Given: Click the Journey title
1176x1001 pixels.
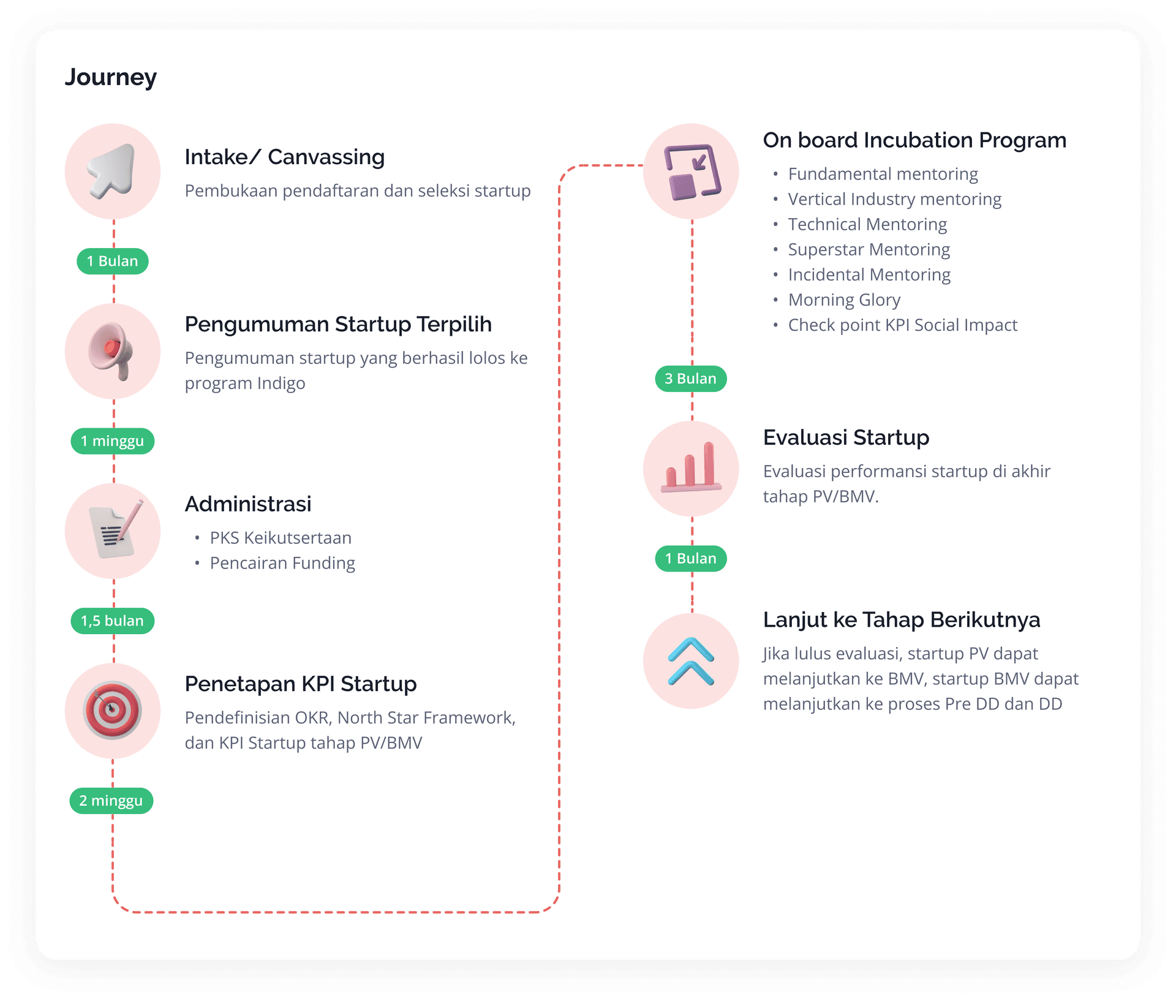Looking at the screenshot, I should [x=111, y=77].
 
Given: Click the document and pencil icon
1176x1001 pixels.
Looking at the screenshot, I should [x=113, y=531].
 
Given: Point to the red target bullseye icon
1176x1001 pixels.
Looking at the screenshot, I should [x=113, y=711].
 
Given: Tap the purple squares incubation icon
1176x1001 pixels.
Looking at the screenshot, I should [x=692, y=172].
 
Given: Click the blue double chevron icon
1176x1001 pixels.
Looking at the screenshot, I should [x=692, y=661].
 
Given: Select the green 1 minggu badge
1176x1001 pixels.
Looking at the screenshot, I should [x=113, y=441].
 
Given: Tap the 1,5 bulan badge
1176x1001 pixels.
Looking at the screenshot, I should [x=113, y=621].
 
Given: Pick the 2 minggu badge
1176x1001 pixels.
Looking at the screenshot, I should [x=111, y=801].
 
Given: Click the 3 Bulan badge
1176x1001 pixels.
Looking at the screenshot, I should [x=691, y=379].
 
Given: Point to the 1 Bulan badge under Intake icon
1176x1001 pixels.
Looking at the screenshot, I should [x=113, y=261].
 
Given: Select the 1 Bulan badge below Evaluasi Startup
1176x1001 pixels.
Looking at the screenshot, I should [x=691, y=559].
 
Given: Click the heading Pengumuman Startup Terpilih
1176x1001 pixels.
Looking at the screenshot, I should [x=338, y=324].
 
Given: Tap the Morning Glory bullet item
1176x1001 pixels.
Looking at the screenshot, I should [x=844, y=300].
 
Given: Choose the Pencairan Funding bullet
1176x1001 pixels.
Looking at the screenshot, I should [x=282, y=563].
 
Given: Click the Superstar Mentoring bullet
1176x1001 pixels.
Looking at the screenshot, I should [x=869, y=249].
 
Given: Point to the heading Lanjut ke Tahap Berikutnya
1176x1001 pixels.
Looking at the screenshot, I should [x=902, y=619].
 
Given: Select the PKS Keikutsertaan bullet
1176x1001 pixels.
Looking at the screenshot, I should [x=281, y=538].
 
